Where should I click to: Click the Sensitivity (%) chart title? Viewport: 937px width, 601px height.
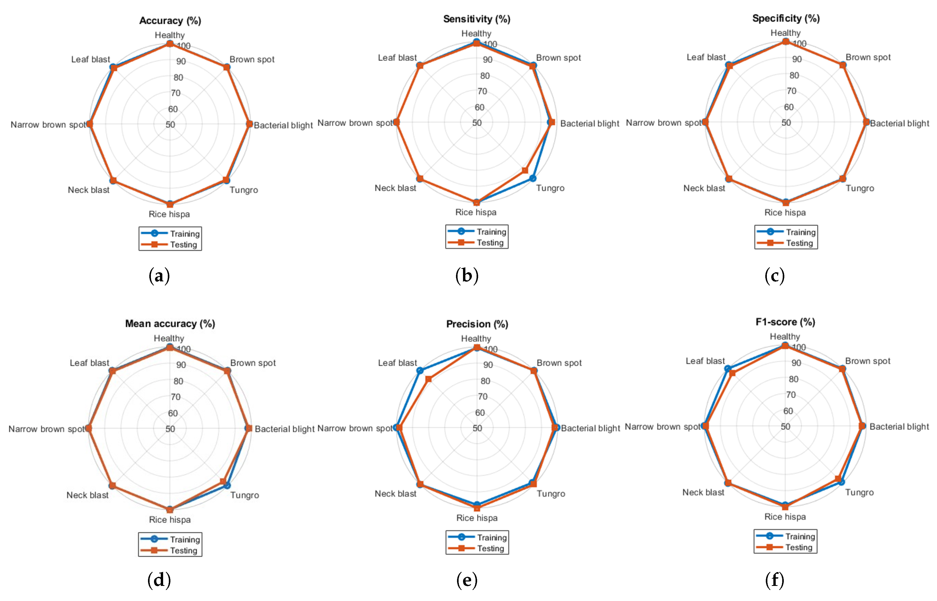pos(477,19)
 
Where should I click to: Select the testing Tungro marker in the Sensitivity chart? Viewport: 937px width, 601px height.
pos(525,170)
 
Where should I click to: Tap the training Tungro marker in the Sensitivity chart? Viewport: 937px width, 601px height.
pos(532,178)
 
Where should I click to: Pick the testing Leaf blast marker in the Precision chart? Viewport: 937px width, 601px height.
pos(428,379)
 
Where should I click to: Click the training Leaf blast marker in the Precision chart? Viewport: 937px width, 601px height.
pos(420,370)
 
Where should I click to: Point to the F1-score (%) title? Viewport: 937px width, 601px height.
pos(785,322)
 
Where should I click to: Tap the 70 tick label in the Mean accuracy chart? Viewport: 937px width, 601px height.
pos(176,397)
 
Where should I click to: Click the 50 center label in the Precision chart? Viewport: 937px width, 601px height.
pos(477,428)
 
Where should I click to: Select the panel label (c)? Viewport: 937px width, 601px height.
pos(774,276)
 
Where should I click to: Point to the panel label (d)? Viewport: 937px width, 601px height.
pos(159,580)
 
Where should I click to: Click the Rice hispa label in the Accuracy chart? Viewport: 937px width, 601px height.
pos(169,214)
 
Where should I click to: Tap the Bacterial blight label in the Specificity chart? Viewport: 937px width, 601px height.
pos(899,123)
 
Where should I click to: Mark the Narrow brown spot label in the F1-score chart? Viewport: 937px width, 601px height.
pos(662,427)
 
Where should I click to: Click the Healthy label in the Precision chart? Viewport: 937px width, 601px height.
pos(476,338)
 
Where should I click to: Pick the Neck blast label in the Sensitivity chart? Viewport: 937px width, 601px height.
pos(395,188)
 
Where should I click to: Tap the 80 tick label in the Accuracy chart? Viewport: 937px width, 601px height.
pos(178,77)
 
